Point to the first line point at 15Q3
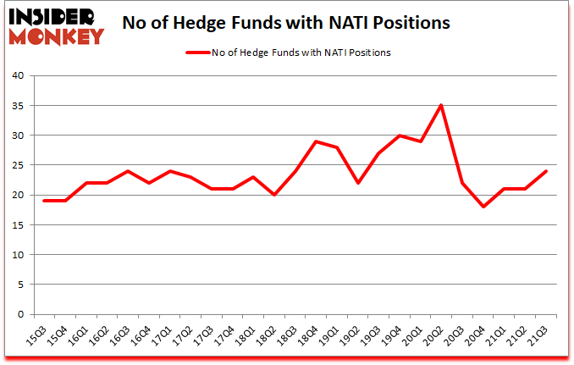click(x=44, y=201)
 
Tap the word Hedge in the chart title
click(x=249, y=23)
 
